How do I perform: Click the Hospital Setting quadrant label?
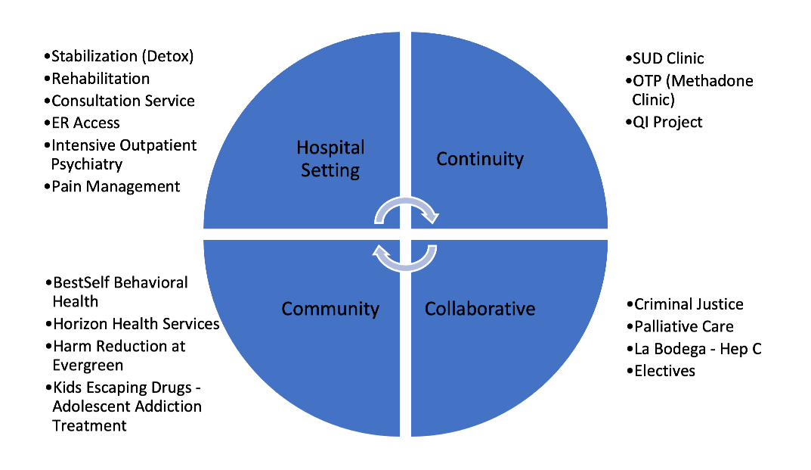(x=330, y=158)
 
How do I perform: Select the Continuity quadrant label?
(x=480, y=159)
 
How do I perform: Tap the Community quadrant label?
(x=330, y=309)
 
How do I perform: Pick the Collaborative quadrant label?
(x=480, y=309)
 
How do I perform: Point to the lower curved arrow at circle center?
(x=407, y=256)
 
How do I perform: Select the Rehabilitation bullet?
(x=101, y=79)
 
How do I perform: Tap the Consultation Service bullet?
(x=123, y=101)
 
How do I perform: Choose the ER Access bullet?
(x=85, y=123)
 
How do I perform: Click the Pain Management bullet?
(x=116, y=186)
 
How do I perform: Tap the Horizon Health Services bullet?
(x=136, y=324)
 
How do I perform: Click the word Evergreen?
(x=88, y=365)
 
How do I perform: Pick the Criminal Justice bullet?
(x=689, y=304)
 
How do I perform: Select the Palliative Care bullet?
(x=684, y=327)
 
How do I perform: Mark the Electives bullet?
(x=664, y=371)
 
